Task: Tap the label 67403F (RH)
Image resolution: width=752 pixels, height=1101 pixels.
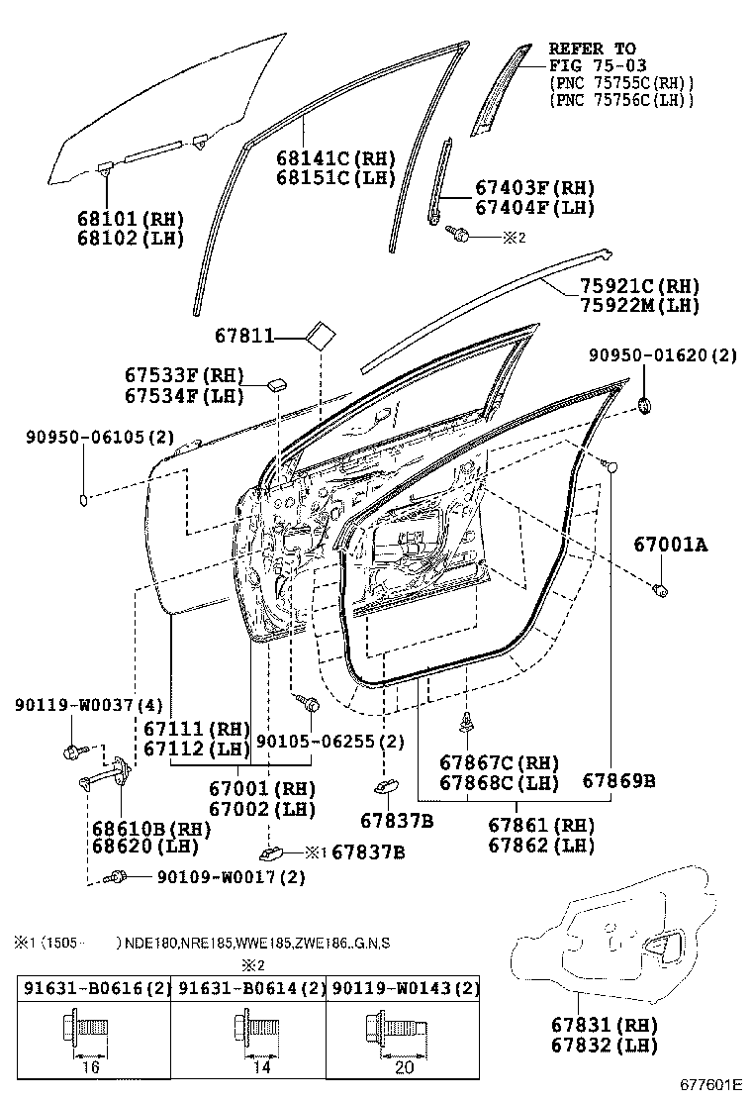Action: pos(534,188)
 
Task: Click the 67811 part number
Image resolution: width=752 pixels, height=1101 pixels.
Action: pos(244,338)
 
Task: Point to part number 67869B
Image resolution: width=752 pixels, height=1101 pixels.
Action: pos(618,781)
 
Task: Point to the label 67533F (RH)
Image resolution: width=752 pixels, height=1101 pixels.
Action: pos(183,376)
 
